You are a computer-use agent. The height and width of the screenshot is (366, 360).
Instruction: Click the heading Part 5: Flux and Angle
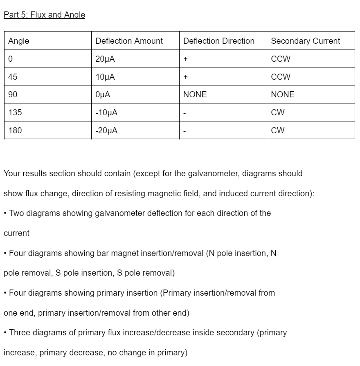tap(44, 15)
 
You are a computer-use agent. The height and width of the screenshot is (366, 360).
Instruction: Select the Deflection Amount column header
tap(129, 41)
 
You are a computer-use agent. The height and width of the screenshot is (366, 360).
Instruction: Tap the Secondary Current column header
tap(305, 41)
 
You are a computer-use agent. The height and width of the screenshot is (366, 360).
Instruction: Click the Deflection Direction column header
tap(218, 41)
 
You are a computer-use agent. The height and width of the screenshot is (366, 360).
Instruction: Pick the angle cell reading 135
tap(15, 112)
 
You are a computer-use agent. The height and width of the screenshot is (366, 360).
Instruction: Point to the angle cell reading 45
tap(13, 77)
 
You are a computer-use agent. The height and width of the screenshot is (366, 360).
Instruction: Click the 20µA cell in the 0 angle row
tap(105, 59)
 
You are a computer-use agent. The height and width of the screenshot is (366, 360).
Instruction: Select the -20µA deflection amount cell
tap(106, 130)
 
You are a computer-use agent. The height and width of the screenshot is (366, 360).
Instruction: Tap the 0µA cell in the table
tap(103, 94)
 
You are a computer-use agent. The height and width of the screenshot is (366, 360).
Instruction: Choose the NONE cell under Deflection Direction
tap(195, 94)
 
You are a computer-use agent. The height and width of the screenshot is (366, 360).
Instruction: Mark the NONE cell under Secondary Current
tap(282, 94)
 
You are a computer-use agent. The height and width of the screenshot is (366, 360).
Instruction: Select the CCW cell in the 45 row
tap(281, 77)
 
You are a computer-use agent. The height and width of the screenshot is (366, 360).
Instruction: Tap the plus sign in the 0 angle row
tap(185, 59)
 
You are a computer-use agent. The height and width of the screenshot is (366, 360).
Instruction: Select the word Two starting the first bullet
tap(17, 213)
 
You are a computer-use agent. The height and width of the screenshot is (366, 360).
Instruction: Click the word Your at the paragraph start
tap(12, 173)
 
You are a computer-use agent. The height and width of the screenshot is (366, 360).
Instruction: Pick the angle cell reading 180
tap(15, 130)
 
